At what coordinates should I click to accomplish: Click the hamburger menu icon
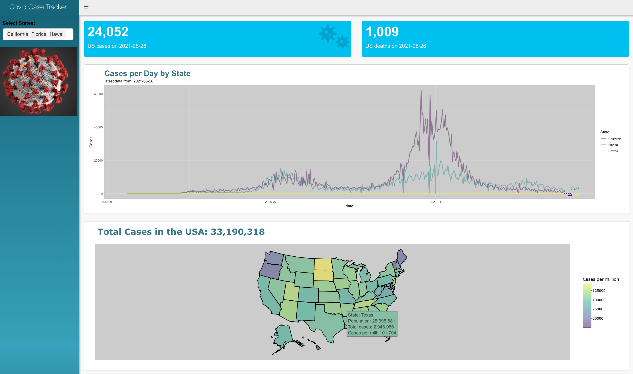point(86,7)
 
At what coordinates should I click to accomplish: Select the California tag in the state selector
point(17,34)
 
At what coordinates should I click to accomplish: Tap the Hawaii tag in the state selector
point(57,34)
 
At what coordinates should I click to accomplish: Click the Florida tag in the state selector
point(39,34)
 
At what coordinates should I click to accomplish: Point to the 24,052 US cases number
point(108,32)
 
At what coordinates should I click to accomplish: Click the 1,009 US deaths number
point(382,32)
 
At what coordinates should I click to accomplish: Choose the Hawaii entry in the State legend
point(613,151)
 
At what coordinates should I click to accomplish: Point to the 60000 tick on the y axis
point(98,94)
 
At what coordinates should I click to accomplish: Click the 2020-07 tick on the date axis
point(270,202)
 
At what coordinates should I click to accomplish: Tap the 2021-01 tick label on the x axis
point(435,202)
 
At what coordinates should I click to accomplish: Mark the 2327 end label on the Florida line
point(575,189)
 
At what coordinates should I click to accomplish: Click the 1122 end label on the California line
point(568,194)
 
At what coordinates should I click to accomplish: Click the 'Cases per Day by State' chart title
point(147,73)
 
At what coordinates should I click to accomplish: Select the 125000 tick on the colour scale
point(599,291)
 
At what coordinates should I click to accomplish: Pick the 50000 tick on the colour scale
point(598,318)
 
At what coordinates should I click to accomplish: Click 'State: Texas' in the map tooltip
point(360,315)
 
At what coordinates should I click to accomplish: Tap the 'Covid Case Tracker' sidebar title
point(38,7)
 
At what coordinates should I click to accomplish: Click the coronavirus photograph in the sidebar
point(38,82)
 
